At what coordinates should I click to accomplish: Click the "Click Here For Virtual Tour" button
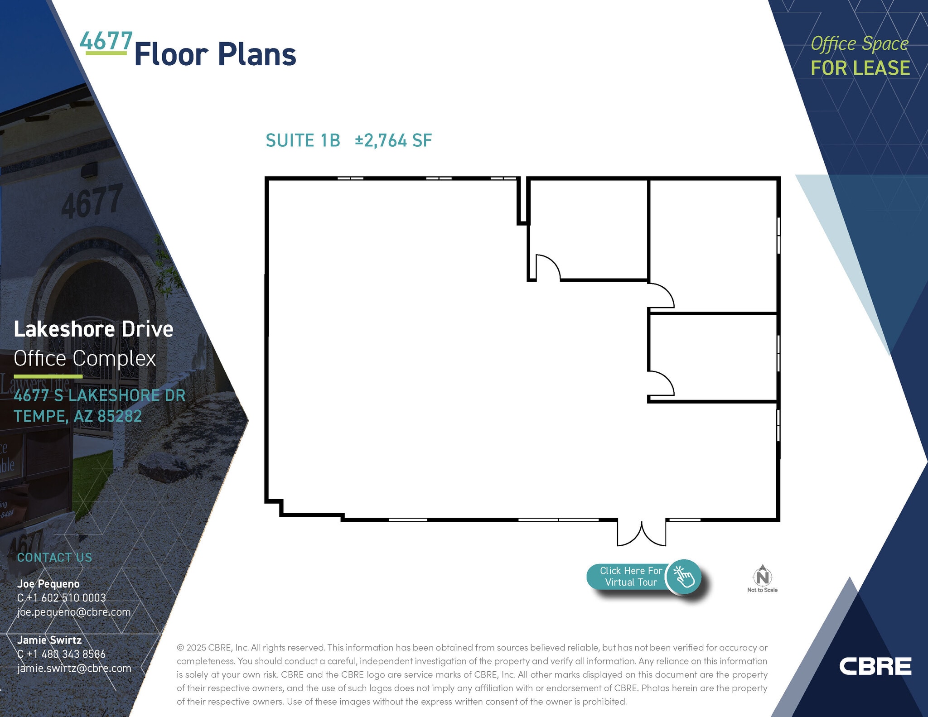click(643, 577)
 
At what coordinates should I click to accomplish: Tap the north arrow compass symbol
click(763, 576)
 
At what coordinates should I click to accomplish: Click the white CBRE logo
click(875, 666)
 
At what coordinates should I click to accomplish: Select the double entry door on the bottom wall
click(642, 534)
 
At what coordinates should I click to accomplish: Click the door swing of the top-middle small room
click(547, 267)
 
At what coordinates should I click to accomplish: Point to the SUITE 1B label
click(303, 140)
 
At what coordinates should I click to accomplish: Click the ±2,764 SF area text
click(393, 140)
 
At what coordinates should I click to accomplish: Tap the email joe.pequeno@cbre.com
click(74, 612)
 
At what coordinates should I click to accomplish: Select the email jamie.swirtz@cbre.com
click(74, 668)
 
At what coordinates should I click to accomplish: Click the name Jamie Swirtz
click(49, 640)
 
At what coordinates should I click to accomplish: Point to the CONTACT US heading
click(54, 558)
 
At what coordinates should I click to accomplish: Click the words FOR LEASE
click(860, 68)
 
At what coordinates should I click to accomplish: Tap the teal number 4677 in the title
click(106, 41)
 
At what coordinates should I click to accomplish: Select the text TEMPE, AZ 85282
click(77, 416)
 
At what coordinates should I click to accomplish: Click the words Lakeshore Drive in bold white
click(93, 329)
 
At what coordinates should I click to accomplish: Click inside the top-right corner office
click(713, 245)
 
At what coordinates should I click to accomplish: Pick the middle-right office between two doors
click(713, 357)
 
